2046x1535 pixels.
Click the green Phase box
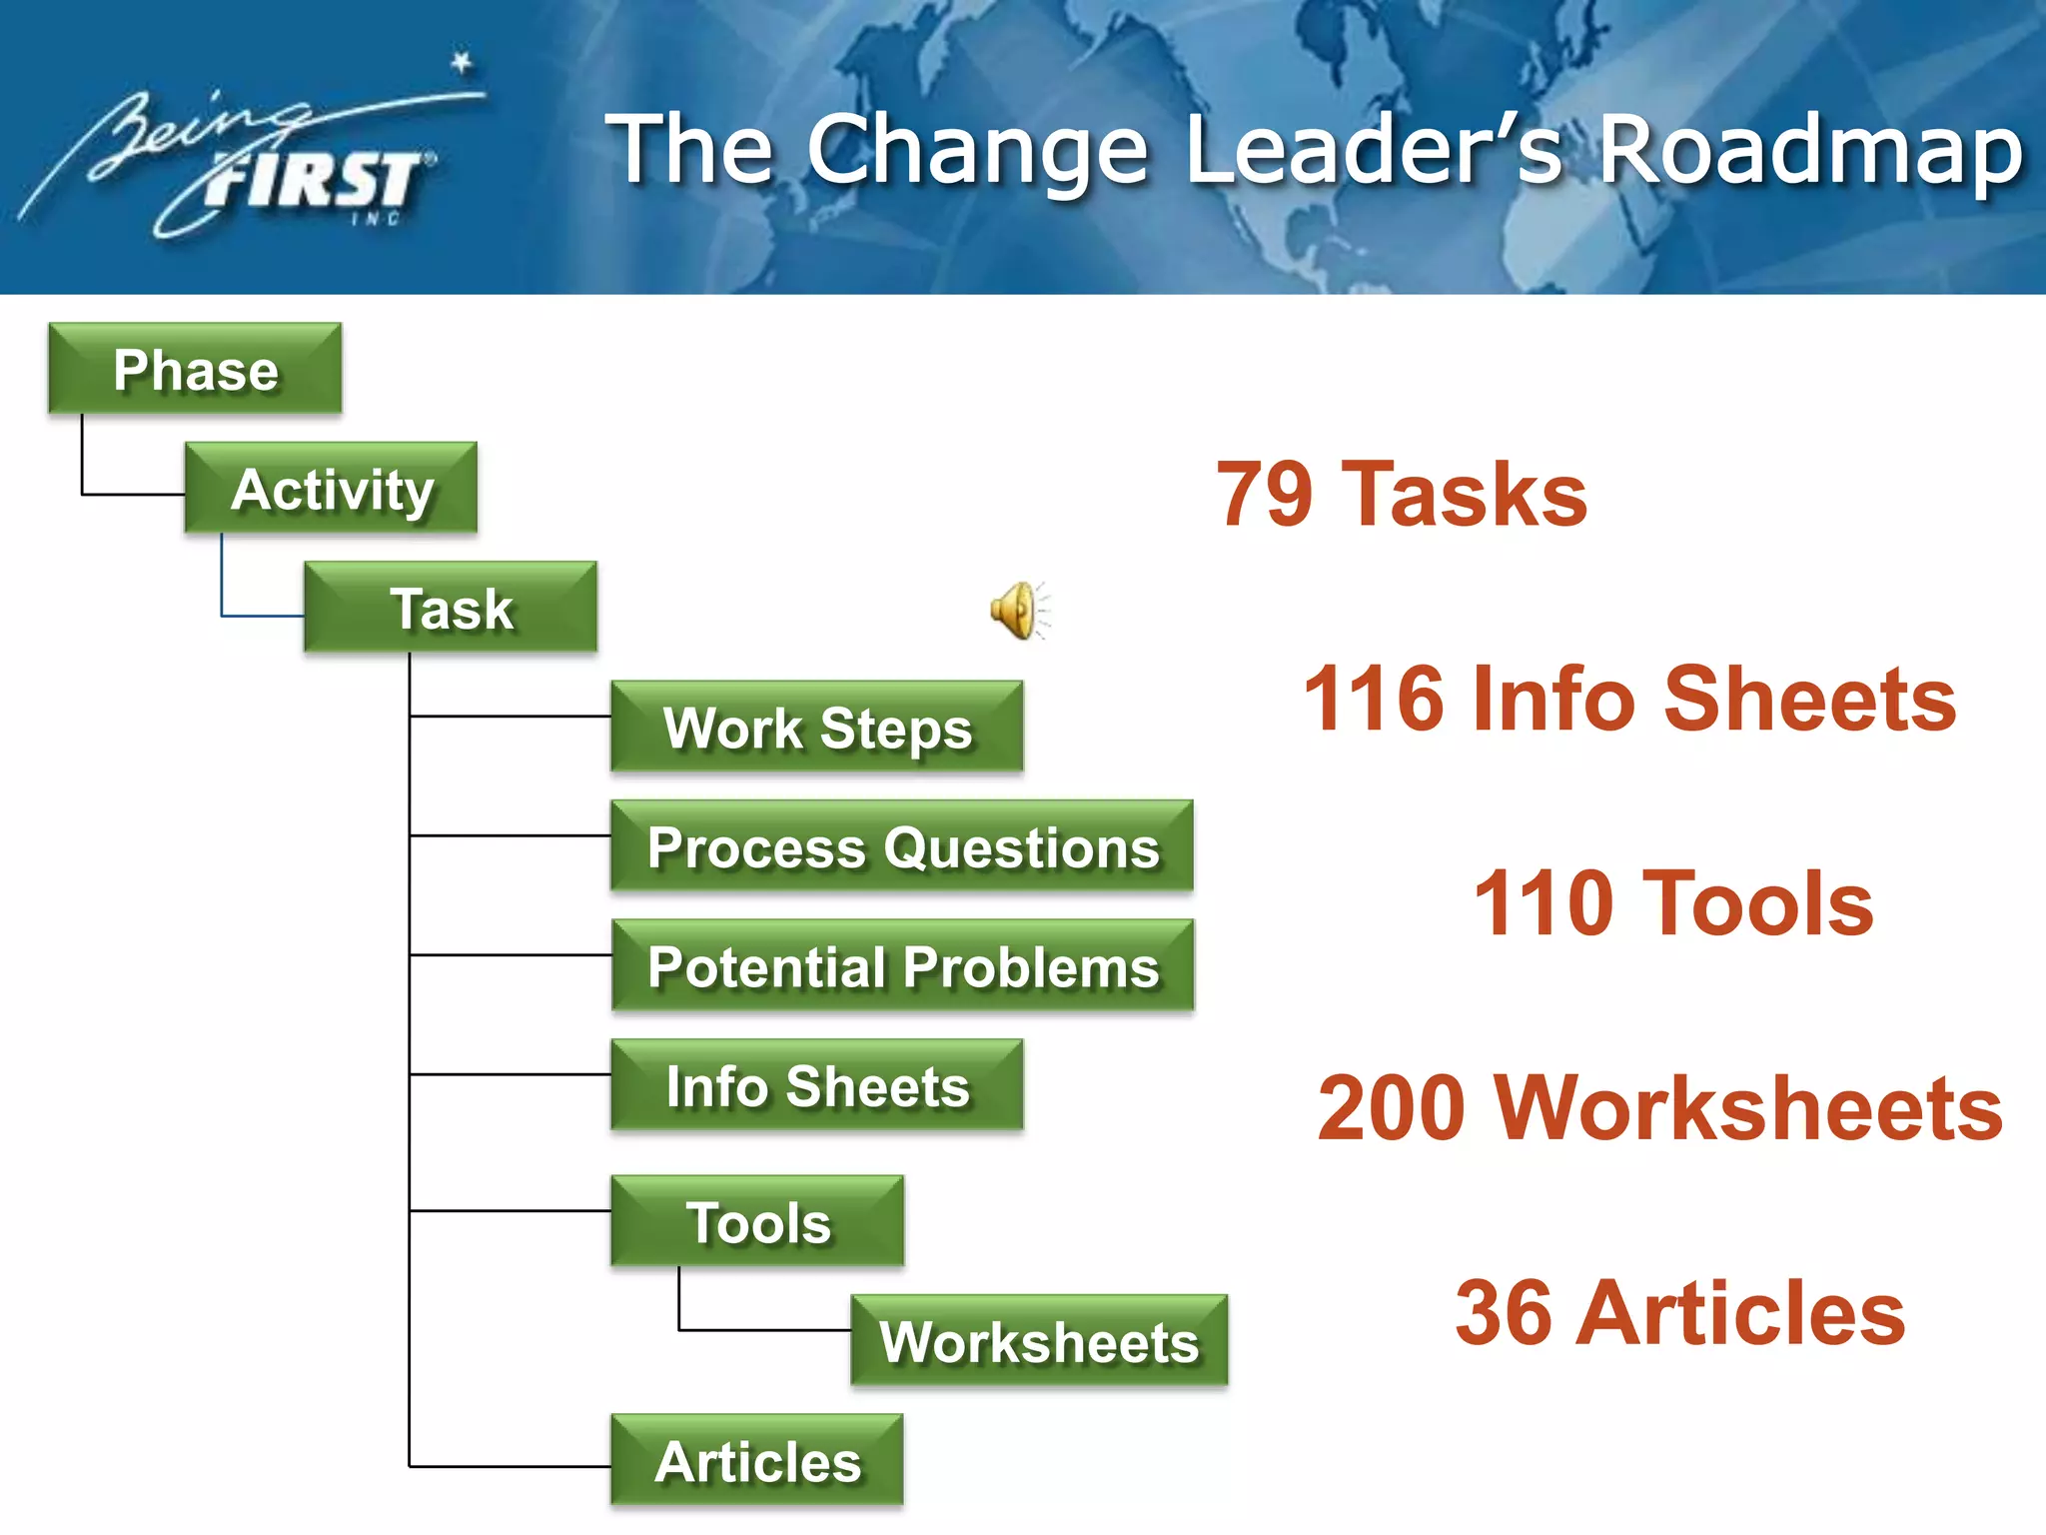pyautogui.click(x=195, y=368)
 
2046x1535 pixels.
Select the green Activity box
pyautogui.click(x=331, y=488)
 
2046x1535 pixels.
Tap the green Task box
pyautogui.click(x=451, y=607)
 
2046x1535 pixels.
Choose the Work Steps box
pyautogui.click(x=816, y=727)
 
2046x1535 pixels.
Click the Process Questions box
pyautogui.click(x=902, y=845)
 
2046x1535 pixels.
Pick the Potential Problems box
pyautogui.click(x=902, y=965)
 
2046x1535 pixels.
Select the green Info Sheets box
pyautogui.click(x=816, y=1085)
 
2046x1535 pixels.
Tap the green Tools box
pyautogui.click(x=757, y=1221)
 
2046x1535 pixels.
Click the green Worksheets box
pyautogui.click(x=1039, y=1340)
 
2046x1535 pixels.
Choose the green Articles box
pyautogui.click(x=757, y=1460)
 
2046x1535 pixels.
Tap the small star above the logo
pyautogui.click(x=461, y=63)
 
